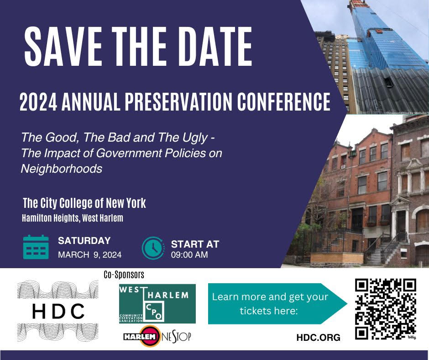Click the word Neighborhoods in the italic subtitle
(61, 169)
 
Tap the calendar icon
(36, 247)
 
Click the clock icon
(153, 248)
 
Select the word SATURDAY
(84, 241)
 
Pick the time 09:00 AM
(189, 254)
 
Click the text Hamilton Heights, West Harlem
(73, 218)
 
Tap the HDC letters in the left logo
(58, 312)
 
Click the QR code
(386, 309)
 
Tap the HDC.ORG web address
(318, 338)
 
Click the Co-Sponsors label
(124, 275)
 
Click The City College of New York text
(84, 203)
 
